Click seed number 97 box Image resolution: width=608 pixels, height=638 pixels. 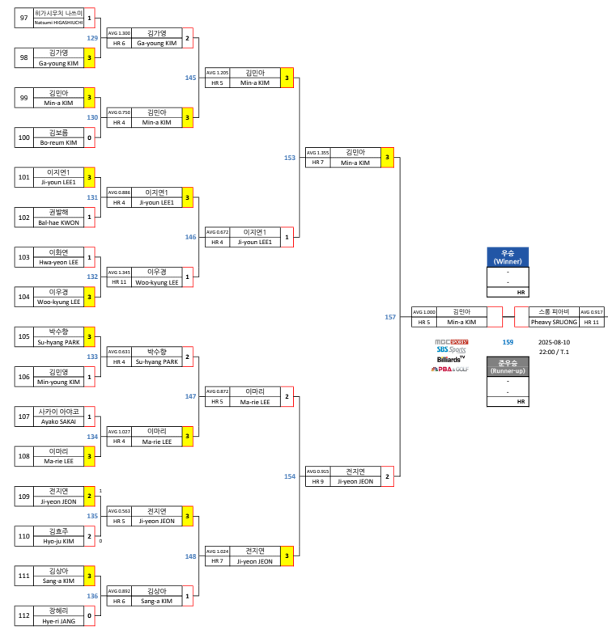(x=23, y=17)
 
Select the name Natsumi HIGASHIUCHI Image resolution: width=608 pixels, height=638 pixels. (x=58, y=22)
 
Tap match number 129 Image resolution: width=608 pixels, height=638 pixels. (x=92, y=37)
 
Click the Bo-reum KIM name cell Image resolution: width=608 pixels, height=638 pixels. (x=58, y=142)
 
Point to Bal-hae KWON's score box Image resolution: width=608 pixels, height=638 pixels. (x=89, y=217)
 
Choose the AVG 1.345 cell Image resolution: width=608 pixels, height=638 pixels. (x=118, y=273)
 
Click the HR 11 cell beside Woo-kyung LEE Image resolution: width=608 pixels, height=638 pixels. (x=118, y=282)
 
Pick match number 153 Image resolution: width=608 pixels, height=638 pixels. (x=290, y=158)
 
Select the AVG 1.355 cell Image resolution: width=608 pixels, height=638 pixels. (x=317, y=152)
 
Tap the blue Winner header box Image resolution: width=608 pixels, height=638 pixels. (x=508, y=257)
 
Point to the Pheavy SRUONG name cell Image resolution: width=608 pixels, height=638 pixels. (x=554, y=322)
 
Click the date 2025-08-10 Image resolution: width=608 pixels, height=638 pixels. (x=554, y=342)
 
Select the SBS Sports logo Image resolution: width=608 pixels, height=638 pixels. (x=451, y=349)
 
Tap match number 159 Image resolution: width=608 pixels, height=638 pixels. (x=508, y=342)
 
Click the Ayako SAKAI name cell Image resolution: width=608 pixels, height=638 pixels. (x=58, y=421)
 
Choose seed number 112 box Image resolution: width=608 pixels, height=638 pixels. (x=23, y=615)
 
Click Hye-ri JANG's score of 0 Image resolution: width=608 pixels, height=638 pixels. (x=89, y=615)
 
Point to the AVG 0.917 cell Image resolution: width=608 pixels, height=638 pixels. (x=592, y=311)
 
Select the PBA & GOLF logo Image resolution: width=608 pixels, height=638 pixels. (x=450, y=369)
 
